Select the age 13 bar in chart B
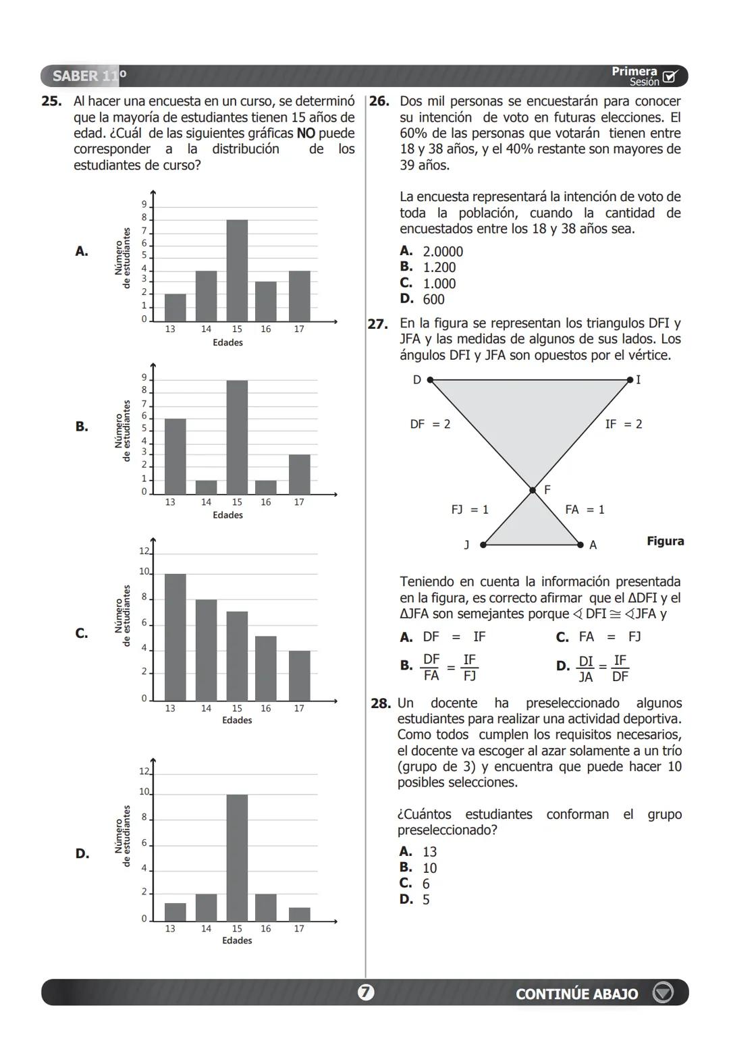(175, 456)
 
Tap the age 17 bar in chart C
(299, 675)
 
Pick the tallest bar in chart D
(237, 857)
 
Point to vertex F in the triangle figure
(533, 490)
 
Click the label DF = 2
(430, 425)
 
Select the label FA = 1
(585, 510)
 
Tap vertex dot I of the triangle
(630, 380)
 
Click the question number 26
(379, 101)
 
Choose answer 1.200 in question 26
(439, 267)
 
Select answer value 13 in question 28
(429, 852)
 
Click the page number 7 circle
(365, 992)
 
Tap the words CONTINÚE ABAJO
(576, 994)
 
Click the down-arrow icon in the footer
(664, 992)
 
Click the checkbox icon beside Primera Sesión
(670, 76)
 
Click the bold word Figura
(665, 541)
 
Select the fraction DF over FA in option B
(431, 666)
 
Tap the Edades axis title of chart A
(227, 342)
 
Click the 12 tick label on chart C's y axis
(144, 551)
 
